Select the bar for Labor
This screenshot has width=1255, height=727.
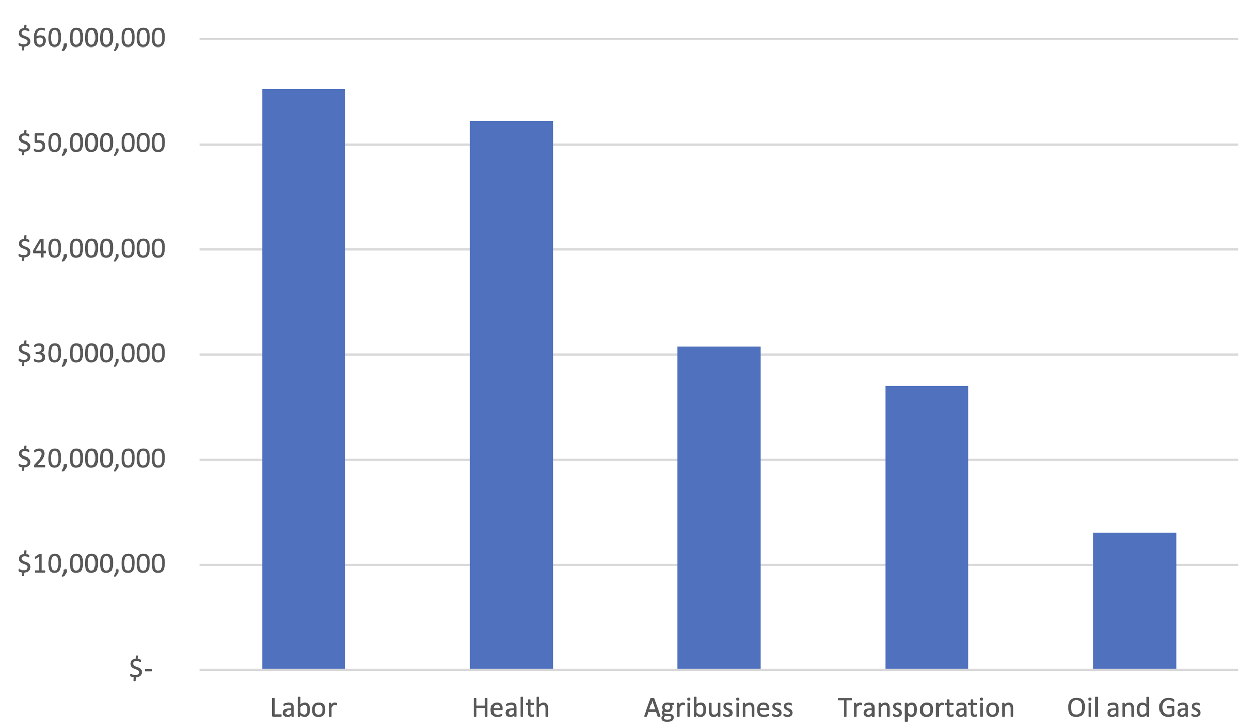coord(304,379)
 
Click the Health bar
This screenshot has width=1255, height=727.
coord(512,395)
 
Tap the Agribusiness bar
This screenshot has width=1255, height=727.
coord(719,508)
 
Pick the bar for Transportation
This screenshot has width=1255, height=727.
coord(927,527)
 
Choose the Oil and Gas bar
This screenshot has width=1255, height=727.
coord(1135,600)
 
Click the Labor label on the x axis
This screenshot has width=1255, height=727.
coord(304,707)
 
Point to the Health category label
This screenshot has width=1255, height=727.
coord(511,707)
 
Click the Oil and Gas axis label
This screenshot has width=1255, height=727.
coord(1134,707)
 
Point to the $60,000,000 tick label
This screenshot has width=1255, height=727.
coord(91,38)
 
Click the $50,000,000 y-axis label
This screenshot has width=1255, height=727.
coord(91,144)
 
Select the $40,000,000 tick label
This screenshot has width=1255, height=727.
coord(91,249)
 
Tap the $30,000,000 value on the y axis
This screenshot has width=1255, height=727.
coord(91,354)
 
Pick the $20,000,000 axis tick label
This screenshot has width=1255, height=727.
coord(91,459)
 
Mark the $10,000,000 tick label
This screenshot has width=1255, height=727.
coord(91,564)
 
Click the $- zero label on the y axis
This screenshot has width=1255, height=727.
coord(141,669)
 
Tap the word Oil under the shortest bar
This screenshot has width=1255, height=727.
coord(1083,707)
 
